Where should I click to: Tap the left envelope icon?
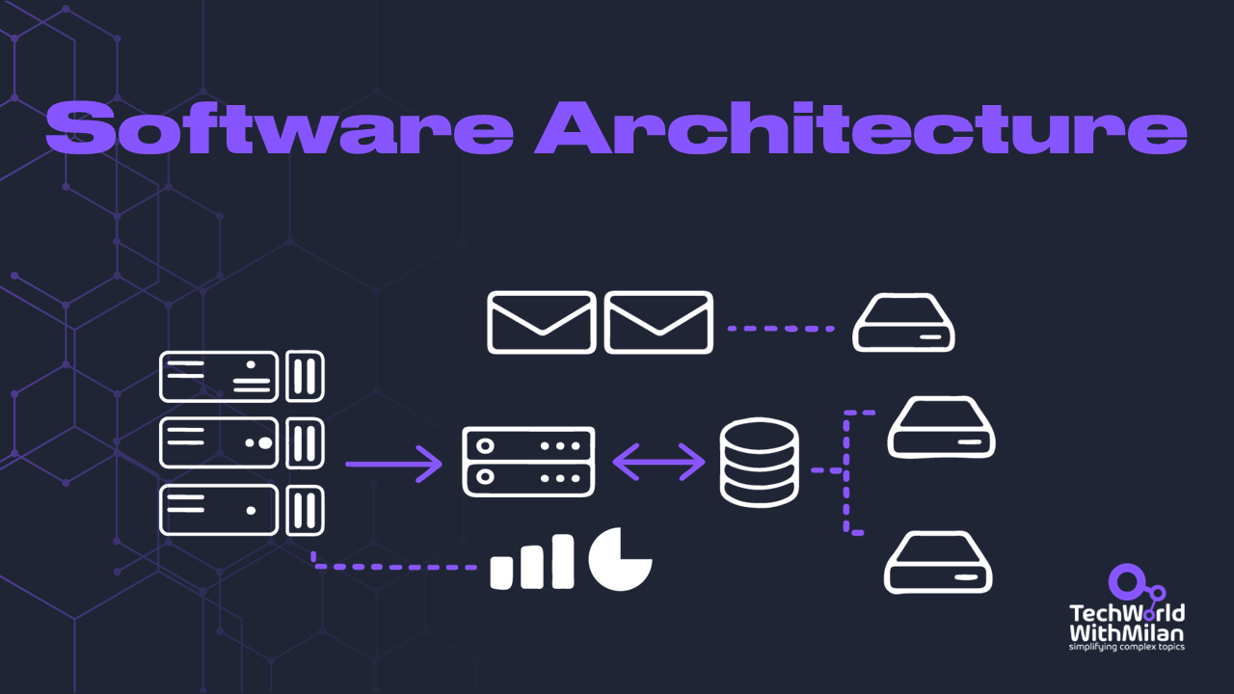pyautogui.click(x=540, y=322)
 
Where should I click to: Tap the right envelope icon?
pyautogui.click(x=658, y=322)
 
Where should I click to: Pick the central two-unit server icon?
pyautogui.click(x=528, y=462)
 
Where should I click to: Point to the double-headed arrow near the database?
pyautogui.click(x=659, y=462)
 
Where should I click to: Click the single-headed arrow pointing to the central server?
pyautogui.click(x=392, y=464)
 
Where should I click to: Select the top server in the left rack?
pyautogui.click(x=219, y=376)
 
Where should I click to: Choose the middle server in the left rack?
pyautogui.click(x=219, y=442)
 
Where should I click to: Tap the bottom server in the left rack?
pyautogui.click(x=219, y=510)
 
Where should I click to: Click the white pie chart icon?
pyautogui.click(x=620, y=558)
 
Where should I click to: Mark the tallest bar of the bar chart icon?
pyautogui.click(x=563, y=561)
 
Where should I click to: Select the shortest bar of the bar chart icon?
pyautogui.click(x=500, y=572)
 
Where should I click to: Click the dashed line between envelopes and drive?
pyautogui.click(x=781, y=329)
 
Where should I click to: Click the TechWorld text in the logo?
pyautogui.click(x=1127, y=613)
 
